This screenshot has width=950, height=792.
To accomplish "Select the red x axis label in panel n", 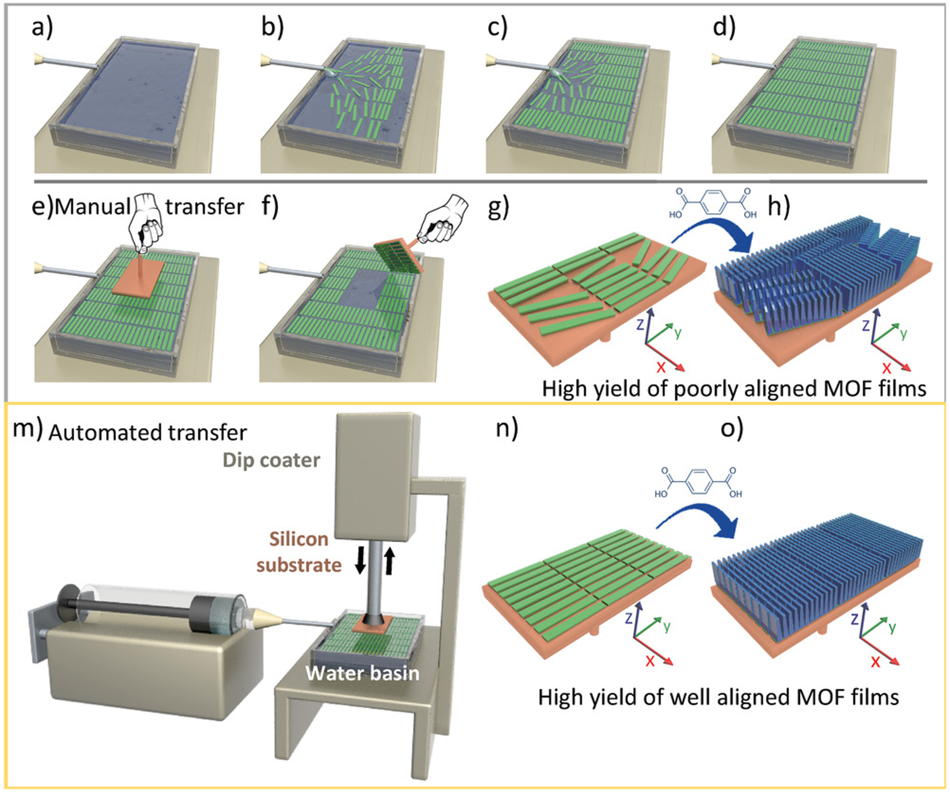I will (650, 661).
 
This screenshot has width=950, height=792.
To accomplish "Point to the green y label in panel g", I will (678, 333).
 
